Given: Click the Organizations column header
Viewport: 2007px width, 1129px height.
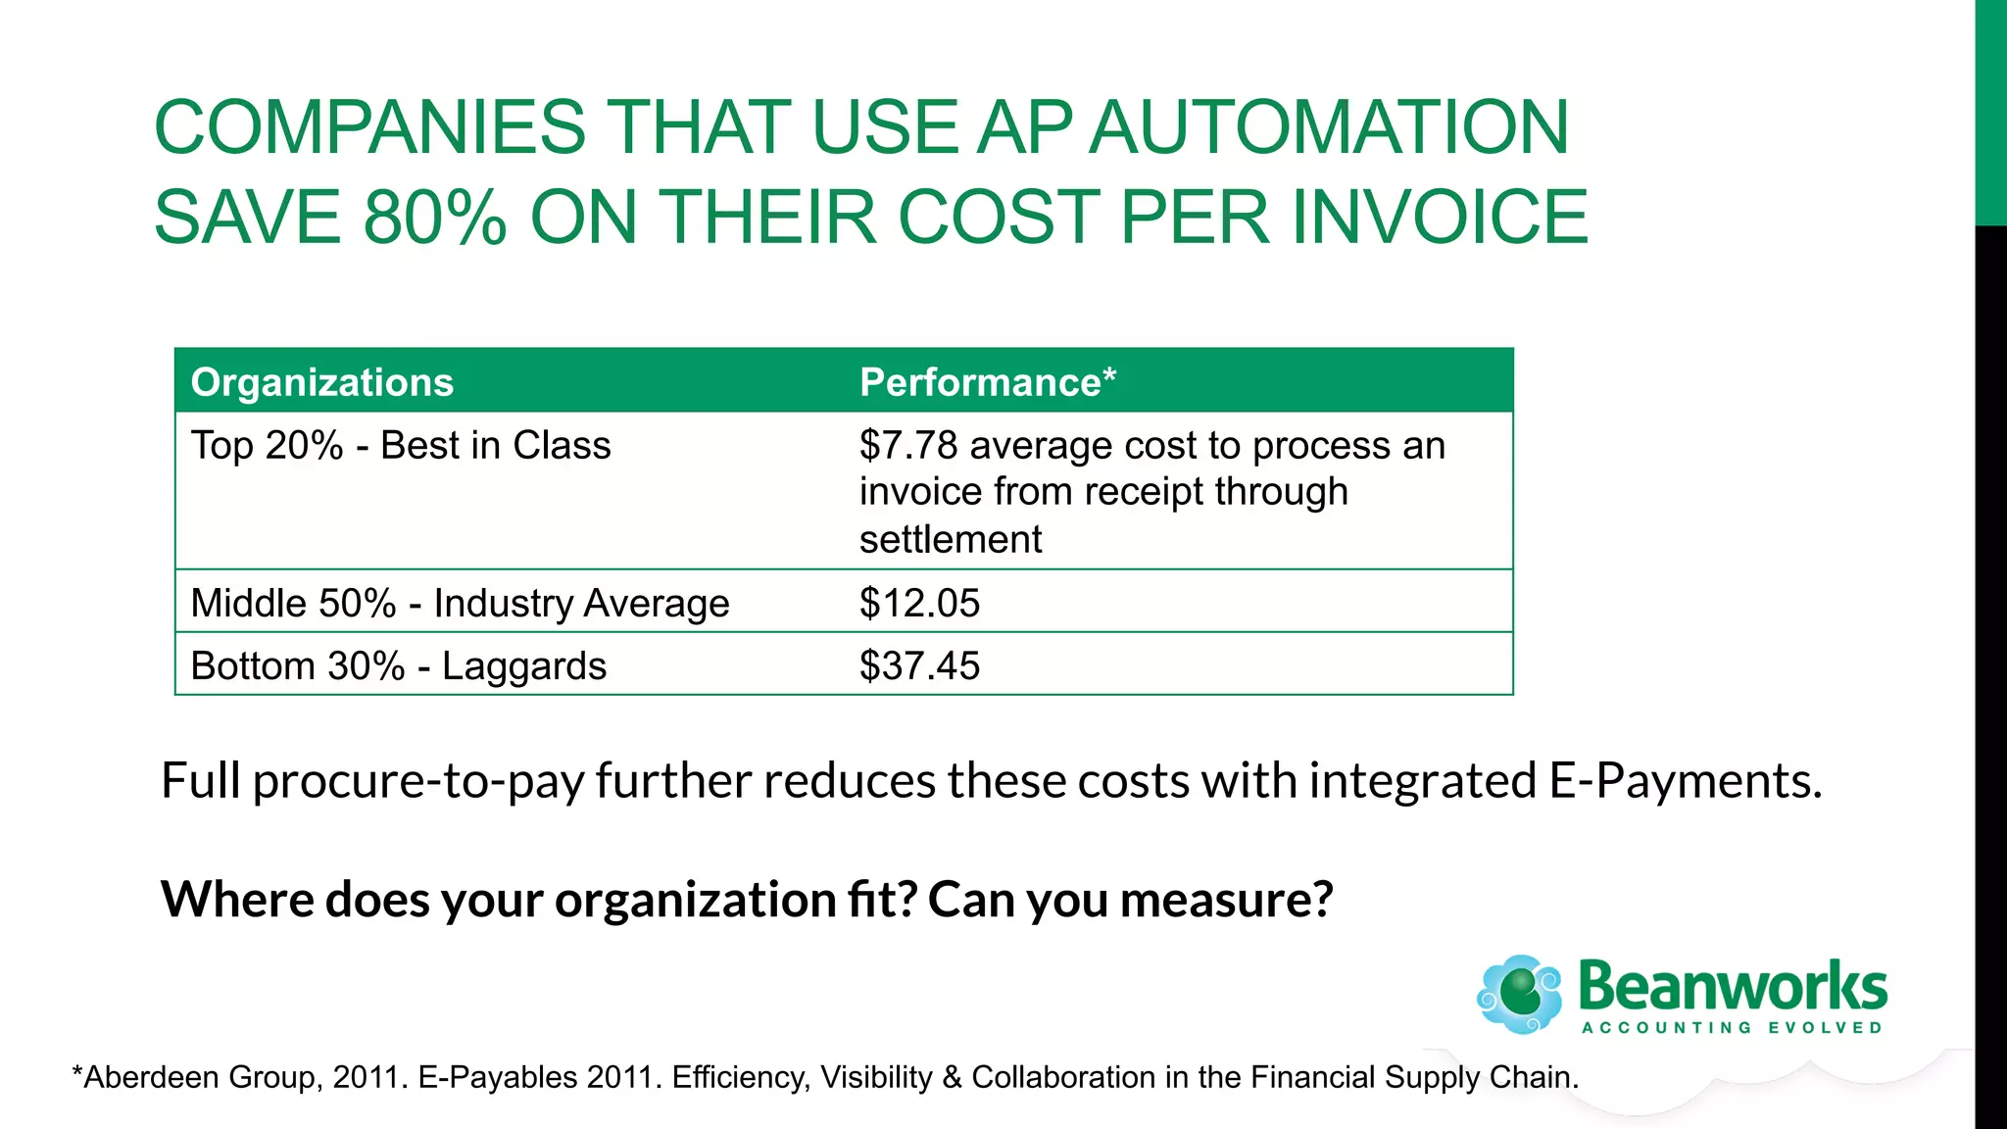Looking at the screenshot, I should tap(322, 382).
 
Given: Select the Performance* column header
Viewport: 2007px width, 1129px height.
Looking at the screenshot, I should tap(987, 382).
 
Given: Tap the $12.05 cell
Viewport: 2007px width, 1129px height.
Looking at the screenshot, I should tap(919, 603).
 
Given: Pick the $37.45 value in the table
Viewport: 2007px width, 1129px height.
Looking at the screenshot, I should tap(919, 666).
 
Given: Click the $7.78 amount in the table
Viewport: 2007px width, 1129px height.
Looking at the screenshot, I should tap(908, 446).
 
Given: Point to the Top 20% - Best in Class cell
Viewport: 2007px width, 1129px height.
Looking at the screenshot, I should tap(401, 446).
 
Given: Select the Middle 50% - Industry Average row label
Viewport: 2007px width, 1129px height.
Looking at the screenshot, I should tap(460, 603).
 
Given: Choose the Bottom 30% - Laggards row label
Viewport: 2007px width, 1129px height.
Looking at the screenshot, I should tap(399, 666).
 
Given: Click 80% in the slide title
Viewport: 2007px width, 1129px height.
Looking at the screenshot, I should tap(434, 217).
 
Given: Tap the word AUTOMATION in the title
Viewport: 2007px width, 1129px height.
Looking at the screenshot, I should tap(1329, 127).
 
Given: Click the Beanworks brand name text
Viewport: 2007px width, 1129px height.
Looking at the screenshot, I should tap(1733, 986).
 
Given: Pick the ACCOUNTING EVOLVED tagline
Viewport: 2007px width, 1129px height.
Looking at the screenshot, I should tap(1733, 1028).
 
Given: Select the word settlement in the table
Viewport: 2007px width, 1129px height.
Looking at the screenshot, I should tap(951, 540).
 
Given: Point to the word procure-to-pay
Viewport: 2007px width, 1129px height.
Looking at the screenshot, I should tap(418, 781).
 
